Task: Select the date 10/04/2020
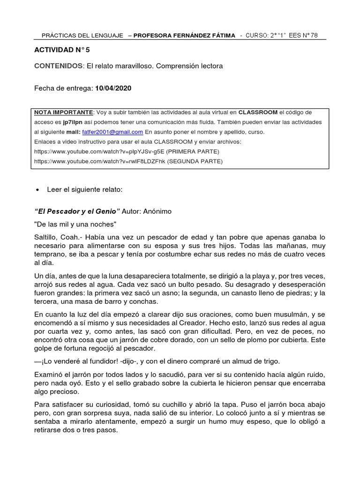click(114, 88)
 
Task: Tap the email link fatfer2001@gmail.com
click(112, 132)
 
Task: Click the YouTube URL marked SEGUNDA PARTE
click(98, 161)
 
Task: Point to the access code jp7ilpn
click(69, 122)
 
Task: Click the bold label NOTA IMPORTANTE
click(64, 112)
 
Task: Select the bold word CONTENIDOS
click(59, 66)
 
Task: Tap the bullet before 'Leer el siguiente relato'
click(37, 190)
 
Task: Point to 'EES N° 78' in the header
click(303, 36)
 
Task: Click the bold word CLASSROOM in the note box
click(258, 112)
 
